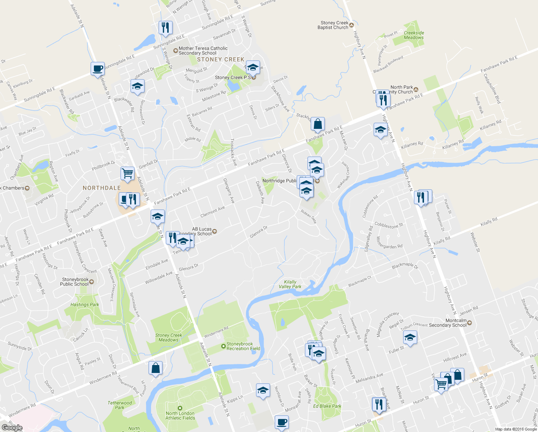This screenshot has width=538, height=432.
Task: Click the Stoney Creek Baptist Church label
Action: [333, 25]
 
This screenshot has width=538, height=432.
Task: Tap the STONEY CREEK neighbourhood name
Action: [220, 59]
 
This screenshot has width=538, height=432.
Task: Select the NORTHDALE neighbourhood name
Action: [102, 188]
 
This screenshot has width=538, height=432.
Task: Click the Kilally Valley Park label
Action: [290, 284]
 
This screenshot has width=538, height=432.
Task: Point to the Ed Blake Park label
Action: [327, 406]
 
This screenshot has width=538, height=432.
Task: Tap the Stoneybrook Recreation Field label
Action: [243, 346]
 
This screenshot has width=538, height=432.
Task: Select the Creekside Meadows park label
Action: [414, 35]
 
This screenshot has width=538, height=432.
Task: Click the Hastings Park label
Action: [85, 305]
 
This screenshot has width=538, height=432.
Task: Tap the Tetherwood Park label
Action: [120, 405]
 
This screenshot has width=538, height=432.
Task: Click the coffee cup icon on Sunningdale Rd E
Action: [97, 68]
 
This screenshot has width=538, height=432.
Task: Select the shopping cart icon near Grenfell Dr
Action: [127, 173]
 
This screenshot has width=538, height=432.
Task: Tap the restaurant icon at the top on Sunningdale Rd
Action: [165, 27]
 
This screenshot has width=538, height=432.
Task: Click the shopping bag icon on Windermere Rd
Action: [155, 368]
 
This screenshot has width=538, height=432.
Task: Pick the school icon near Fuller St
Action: [410, 338]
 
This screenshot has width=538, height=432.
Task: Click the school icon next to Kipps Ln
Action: [263, 390]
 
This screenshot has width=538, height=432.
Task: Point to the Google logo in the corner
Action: [12, 428]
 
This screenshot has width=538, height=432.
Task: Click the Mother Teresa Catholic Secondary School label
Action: [203, 51]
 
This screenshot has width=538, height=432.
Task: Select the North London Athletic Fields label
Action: [180, 416]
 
